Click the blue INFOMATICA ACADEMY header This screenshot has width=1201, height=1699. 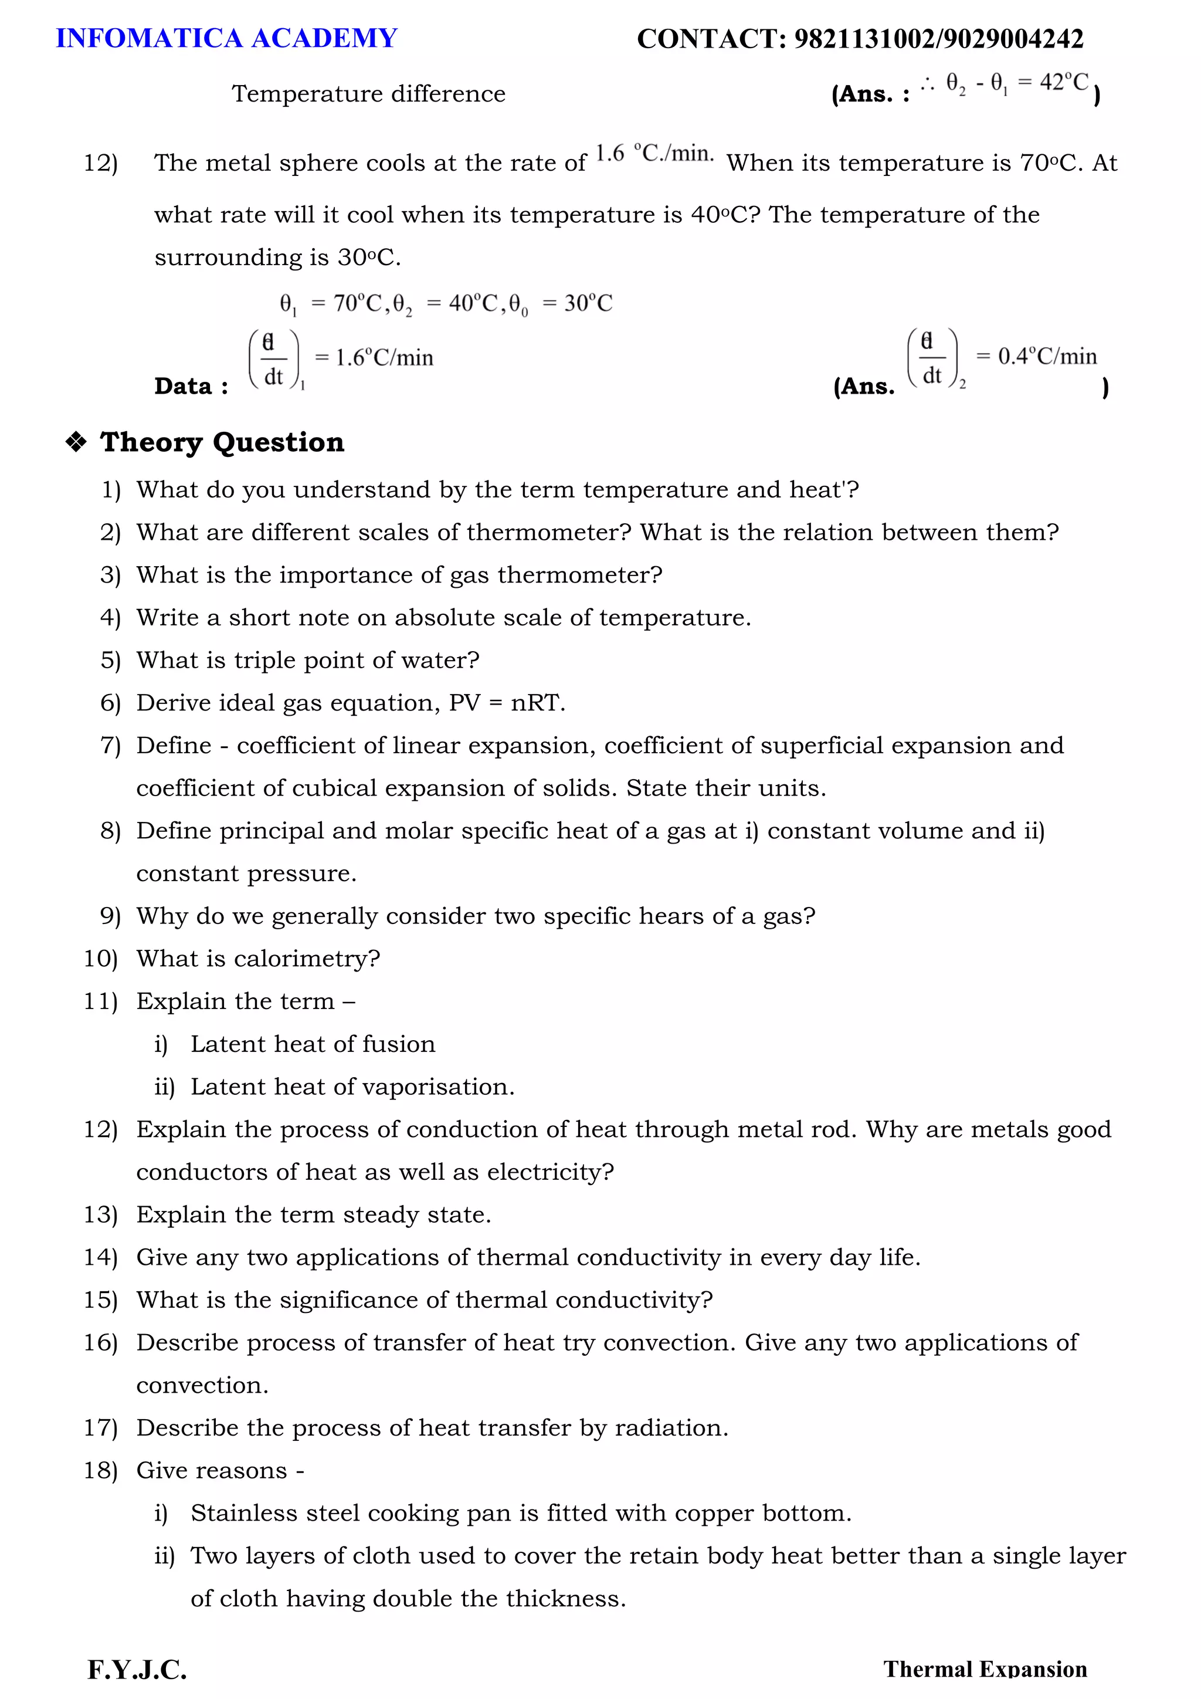[x=226, y=39]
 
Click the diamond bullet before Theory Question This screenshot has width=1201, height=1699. [x=76, y=442]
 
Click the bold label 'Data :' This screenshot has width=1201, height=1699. [x=191, y=386]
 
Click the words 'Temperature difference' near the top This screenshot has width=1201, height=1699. [x=368, y=94]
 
